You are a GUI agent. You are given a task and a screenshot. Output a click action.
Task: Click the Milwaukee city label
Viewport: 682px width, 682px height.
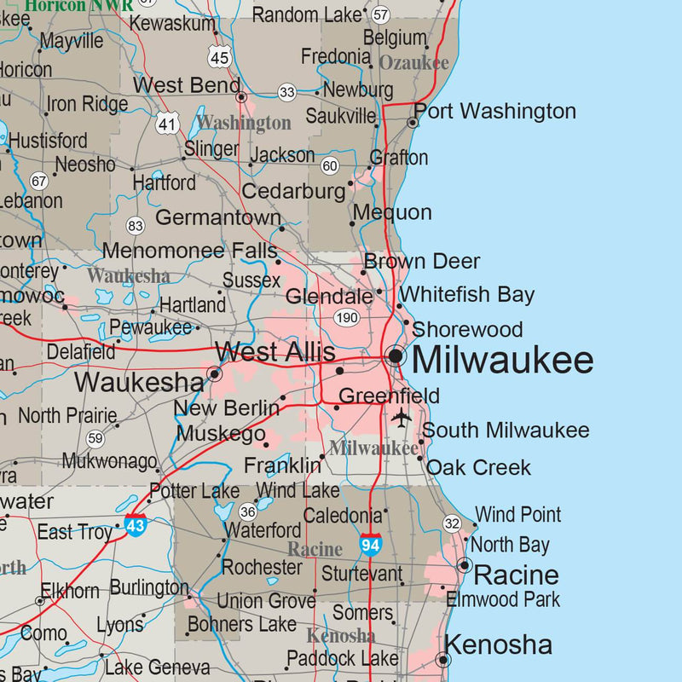[502, 360]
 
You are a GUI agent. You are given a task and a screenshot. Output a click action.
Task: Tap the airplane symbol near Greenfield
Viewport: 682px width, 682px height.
[401, 418]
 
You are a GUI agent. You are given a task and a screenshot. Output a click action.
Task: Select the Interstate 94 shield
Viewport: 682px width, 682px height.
[370, 544]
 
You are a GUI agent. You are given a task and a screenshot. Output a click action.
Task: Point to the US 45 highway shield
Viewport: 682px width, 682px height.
[219, 57]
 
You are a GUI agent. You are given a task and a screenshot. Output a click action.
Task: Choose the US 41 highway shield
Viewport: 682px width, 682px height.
[167, 123]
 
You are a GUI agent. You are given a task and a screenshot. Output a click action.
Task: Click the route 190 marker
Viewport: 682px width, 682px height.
[347, 318]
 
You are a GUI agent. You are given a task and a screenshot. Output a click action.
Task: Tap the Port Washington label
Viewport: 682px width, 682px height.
[494, 111]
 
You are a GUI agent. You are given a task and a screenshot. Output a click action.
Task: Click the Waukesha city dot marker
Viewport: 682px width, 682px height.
[215, 373]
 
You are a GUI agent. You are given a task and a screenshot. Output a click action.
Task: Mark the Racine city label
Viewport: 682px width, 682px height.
[516, 574]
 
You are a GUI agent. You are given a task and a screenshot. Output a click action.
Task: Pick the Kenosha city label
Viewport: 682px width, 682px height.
[499, 644]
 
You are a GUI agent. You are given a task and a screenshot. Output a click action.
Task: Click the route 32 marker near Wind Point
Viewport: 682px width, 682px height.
[452, 523]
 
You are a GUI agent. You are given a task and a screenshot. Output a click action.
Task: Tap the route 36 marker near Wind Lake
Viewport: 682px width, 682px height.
[247, 511]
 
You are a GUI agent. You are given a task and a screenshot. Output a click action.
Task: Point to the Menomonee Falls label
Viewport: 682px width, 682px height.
[189, 251]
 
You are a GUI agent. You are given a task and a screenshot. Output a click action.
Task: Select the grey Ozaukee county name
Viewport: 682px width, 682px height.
[413, 63]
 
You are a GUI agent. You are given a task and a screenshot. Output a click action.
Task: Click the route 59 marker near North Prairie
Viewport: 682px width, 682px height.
[95, 438]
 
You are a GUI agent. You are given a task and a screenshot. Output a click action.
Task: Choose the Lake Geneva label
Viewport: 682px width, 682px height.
[157, 667]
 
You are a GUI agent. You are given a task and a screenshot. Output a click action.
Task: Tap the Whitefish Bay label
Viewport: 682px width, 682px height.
[467, 295]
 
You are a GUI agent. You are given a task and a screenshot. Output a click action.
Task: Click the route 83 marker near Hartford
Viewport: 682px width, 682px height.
[135, 225]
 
